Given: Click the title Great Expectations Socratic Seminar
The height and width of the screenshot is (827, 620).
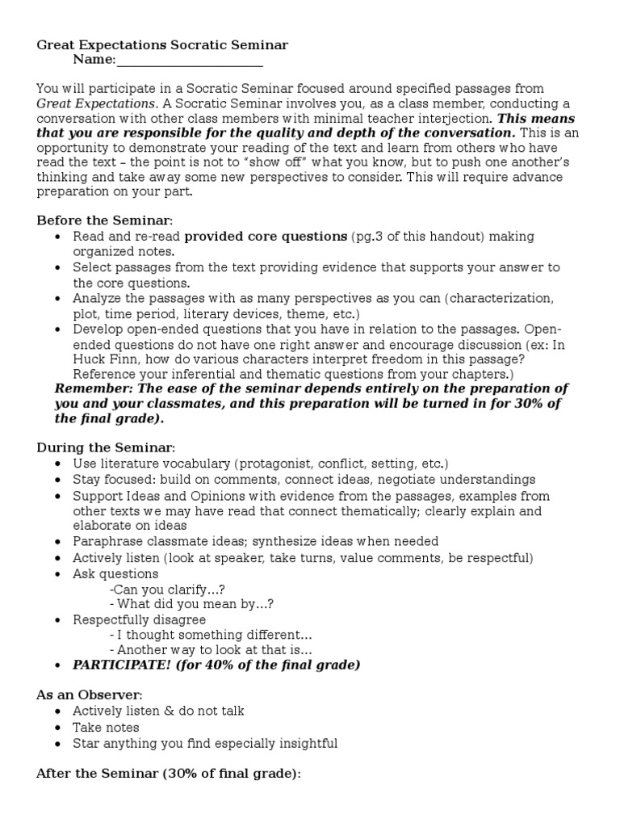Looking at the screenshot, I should [x=162, y=45].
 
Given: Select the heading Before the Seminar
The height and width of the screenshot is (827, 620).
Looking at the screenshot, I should [x=104, y=220].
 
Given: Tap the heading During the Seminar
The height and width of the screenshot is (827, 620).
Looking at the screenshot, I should [x=105, y=447].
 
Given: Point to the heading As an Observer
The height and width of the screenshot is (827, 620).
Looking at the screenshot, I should [x=90, y=695].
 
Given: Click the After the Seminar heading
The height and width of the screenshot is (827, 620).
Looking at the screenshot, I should [x=168, y=774].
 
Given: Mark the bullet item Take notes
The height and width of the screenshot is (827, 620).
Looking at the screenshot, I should [x=105, y=727].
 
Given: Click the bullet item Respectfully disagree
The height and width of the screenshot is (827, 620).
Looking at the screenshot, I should [x=139, y=619].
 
